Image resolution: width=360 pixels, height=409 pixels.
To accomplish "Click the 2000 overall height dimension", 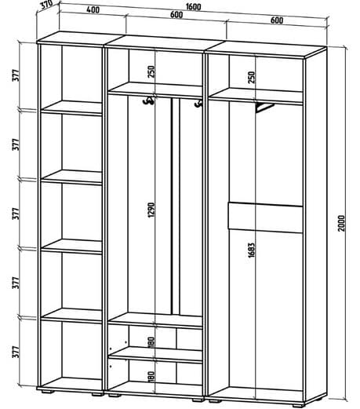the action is click(x=342, y=223).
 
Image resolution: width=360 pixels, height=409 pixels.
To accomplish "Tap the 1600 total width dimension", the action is click(x=194, y=6).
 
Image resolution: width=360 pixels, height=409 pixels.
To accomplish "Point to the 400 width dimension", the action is click(x=93, y=10).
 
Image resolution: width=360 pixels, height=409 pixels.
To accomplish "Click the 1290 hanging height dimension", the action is click(x=151, y=210).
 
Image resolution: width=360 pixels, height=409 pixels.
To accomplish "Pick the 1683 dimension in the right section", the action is click(x=251, y=250).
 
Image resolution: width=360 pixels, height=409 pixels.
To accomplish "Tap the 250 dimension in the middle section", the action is click(x=151, y=71).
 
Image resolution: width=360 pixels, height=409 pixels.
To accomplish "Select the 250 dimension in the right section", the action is click(x=251, y=77).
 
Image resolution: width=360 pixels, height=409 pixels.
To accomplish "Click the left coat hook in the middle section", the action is click(x=148, y=100).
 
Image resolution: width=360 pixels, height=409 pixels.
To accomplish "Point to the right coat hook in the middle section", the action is click(x=198, y=104).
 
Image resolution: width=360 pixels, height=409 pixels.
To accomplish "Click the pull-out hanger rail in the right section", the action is click(x=264, y=108).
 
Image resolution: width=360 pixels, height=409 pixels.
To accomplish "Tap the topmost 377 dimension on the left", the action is click(x=16, y=75).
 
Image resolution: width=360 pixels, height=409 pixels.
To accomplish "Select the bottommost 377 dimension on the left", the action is click(x=16, y=352).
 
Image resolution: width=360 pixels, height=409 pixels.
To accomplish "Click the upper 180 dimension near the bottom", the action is click(x=151, y=341).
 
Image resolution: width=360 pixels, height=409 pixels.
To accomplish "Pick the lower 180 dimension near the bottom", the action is click(x=151, y=376).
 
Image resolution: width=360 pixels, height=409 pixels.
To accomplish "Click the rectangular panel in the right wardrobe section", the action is click(x=266, y=217).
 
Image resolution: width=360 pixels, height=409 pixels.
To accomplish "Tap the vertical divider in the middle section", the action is click(x=176, y=206).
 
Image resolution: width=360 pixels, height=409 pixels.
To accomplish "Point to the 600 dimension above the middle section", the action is click(x=176, y=15).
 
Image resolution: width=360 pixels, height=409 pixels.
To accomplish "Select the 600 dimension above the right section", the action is click(x=277, y=20).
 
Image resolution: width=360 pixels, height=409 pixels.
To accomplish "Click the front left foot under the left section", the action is click(x=47, y=392).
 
